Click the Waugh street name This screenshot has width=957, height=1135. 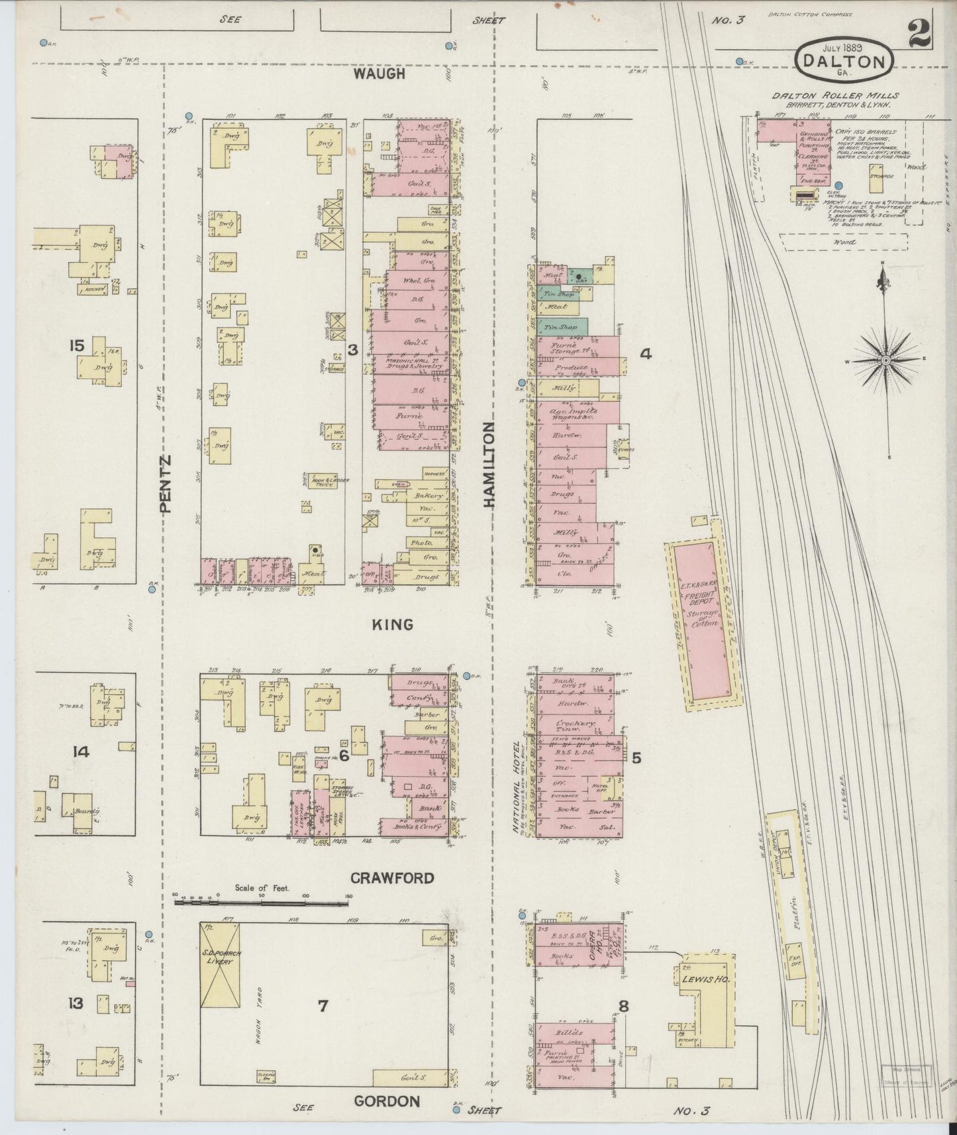pyautogui.click(x=379, y=74)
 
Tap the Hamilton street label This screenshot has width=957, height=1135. pyautogui.click(x=489, y=465)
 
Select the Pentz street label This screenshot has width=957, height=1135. pyautogui.click(x=166, y=483)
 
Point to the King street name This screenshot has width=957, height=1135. pyautogui.click(x=393, y=624)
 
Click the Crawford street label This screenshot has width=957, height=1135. pyautogui.click(x=392, y=878)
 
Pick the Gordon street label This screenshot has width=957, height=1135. pyautogui.click(x=387, y=1101)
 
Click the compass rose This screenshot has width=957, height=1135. pyautogui.click(x=885, y=360)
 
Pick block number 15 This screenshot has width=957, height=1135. pyautogui.click(x=77, y=345)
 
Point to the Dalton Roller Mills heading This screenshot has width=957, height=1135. pyautogui.click(x=834, y=95)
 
